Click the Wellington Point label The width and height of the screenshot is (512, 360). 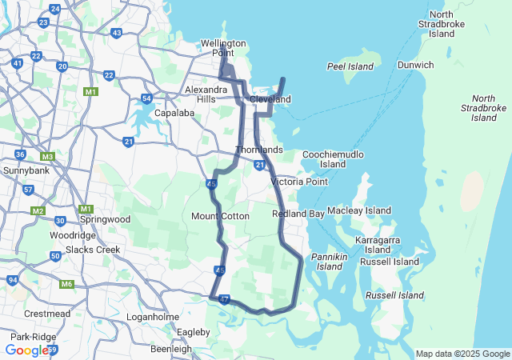pyautogui.click(x=223, y=47)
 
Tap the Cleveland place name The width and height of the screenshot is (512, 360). pyautogui.click(x=270, y=99)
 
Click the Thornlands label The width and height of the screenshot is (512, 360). pyautogui.click(x=259, y=150)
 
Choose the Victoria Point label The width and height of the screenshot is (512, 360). pyautogui.click(x=299, y=182)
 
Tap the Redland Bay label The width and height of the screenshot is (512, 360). pyautogui.click(x=298, y=214)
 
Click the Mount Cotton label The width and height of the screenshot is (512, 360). pyautogui.click(x=221, y=216)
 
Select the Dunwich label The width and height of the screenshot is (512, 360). pyautogui.click(x=415, y=65)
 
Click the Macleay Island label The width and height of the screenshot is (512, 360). pyautogui.click(x=359, y=210)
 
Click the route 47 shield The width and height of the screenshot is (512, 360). pyautogui.click(x=224, y=300)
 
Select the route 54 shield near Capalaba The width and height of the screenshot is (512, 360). pyautogui.click(x=146, y=99)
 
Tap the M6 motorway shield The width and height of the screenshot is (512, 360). pyautogui.click(x=66, y=284)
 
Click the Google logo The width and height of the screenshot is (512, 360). pyautogui.click(x=26, y=350)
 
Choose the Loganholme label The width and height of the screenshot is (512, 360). pyautogui.click(x=153, y=317)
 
